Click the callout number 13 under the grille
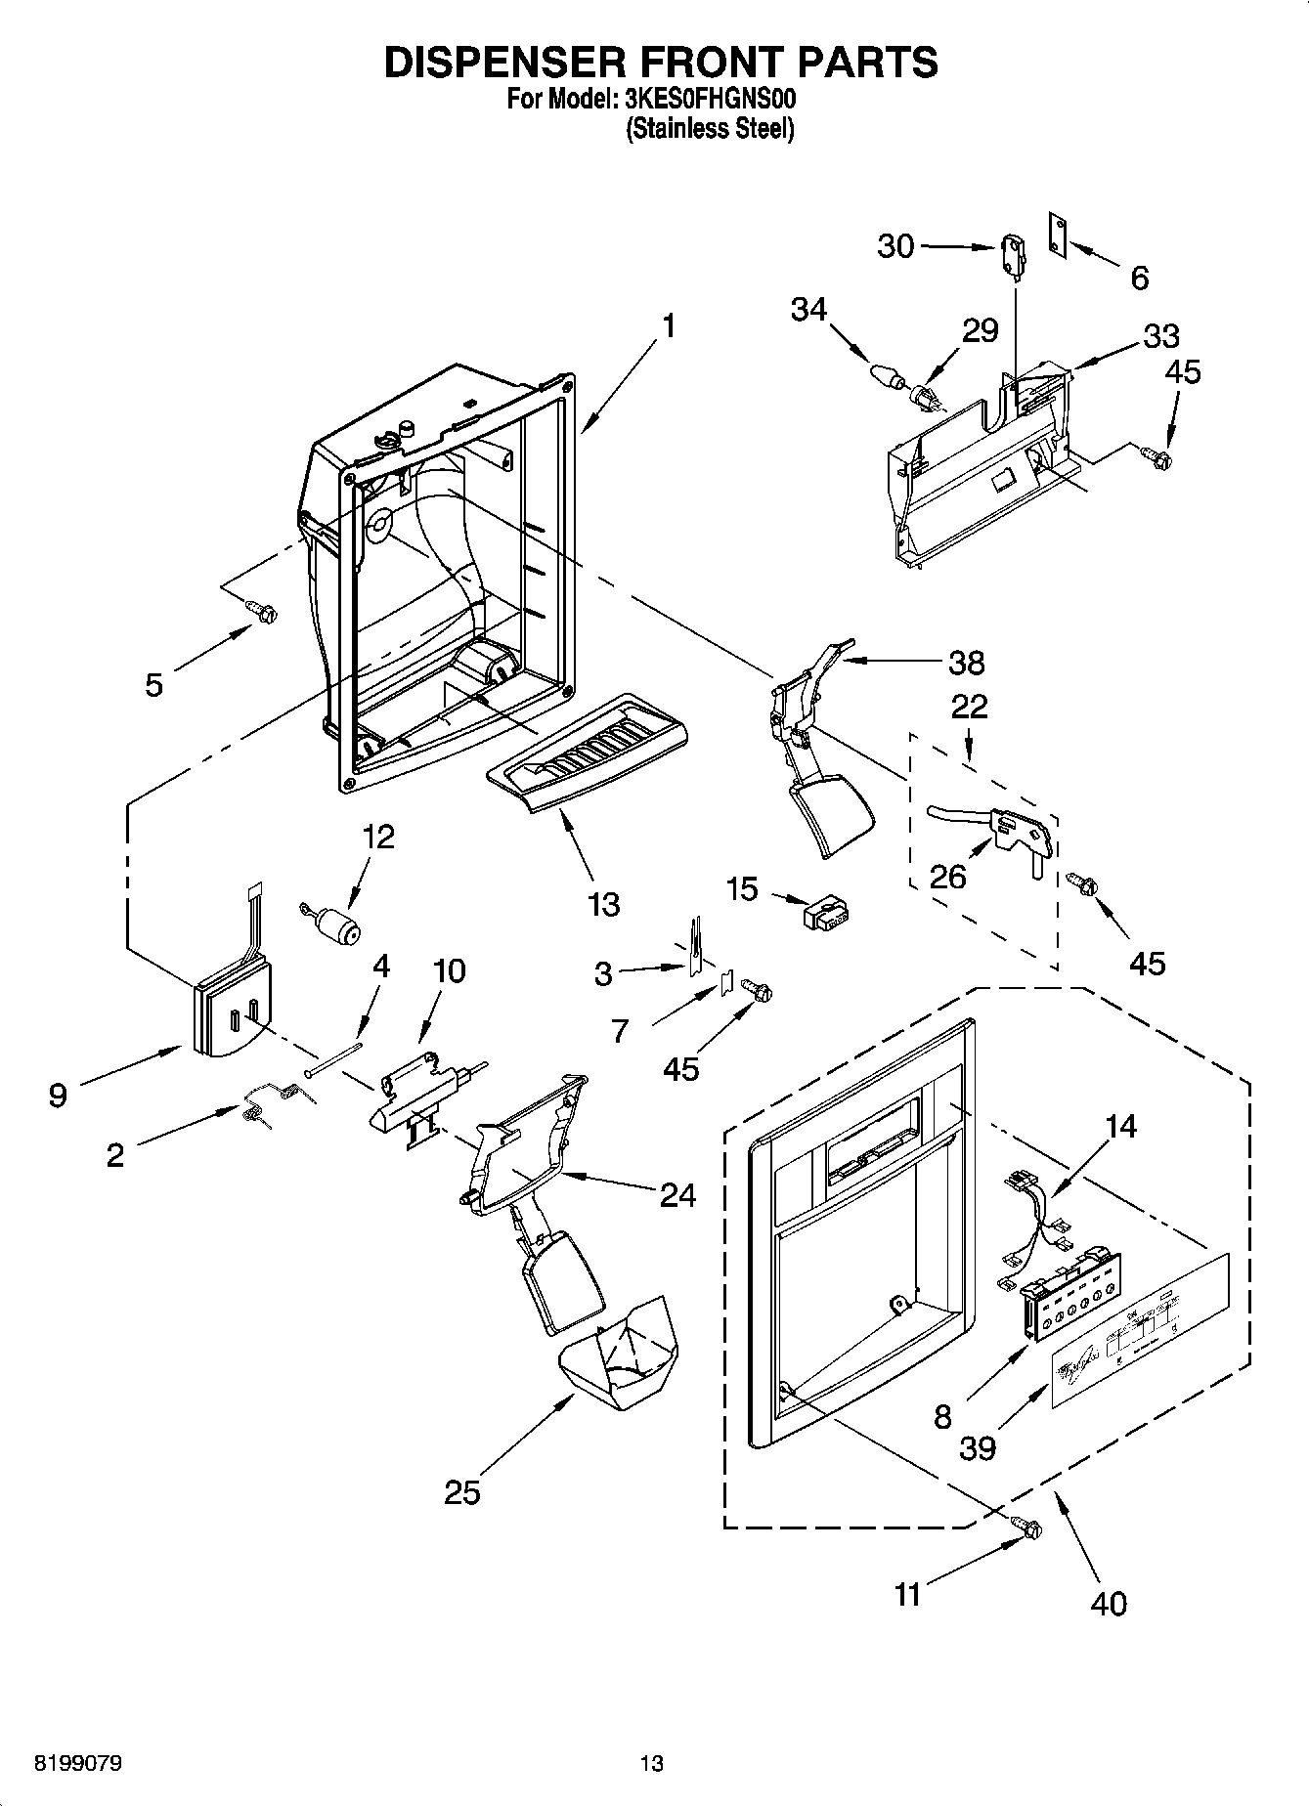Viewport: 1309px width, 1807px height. (604, 904)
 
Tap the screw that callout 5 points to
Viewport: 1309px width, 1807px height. (263, 612)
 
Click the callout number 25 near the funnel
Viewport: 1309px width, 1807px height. (462, 1492)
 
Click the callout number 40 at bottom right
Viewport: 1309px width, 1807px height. (1110, 1604)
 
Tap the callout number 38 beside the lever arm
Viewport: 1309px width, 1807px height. (966, 663)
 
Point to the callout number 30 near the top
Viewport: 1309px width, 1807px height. (895, 246)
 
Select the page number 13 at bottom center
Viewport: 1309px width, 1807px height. (651, 1764)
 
